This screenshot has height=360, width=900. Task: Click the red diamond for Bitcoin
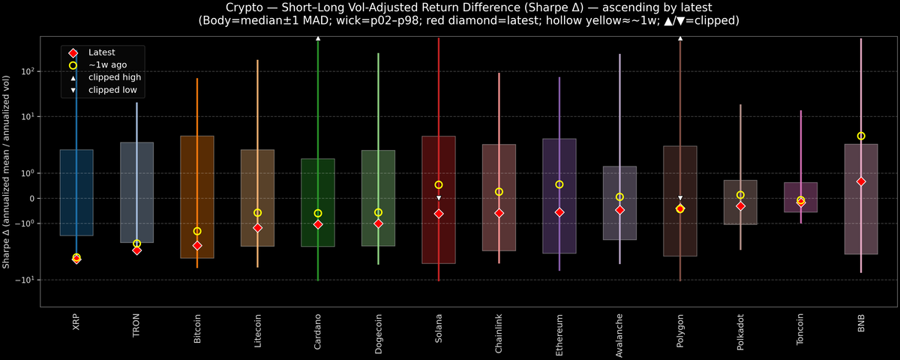[x=197, y=245]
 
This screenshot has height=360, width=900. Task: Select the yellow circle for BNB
[x=861, y=136]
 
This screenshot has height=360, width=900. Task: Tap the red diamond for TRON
[x=136, y=250]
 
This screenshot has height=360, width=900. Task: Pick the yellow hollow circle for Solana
[x=439, y=184]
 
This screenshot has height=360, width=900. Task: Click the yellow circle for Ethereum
[x=559, y=184]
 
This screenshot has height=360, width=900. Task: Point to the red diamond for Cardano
[x=318, y=224]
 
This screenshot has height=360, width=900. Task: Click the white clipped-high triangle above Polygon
[x=680, y=37]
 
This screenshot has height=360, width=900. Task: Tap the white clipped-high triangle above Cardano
[x=318, y=37]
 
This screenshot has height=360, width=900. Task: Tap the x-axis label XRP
[x=76, y=323]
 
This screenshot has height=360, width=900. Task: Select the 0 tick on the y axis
[x=33, y=198]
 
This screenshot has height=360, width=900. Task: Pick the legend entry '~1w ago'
[x=108, y=64]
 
